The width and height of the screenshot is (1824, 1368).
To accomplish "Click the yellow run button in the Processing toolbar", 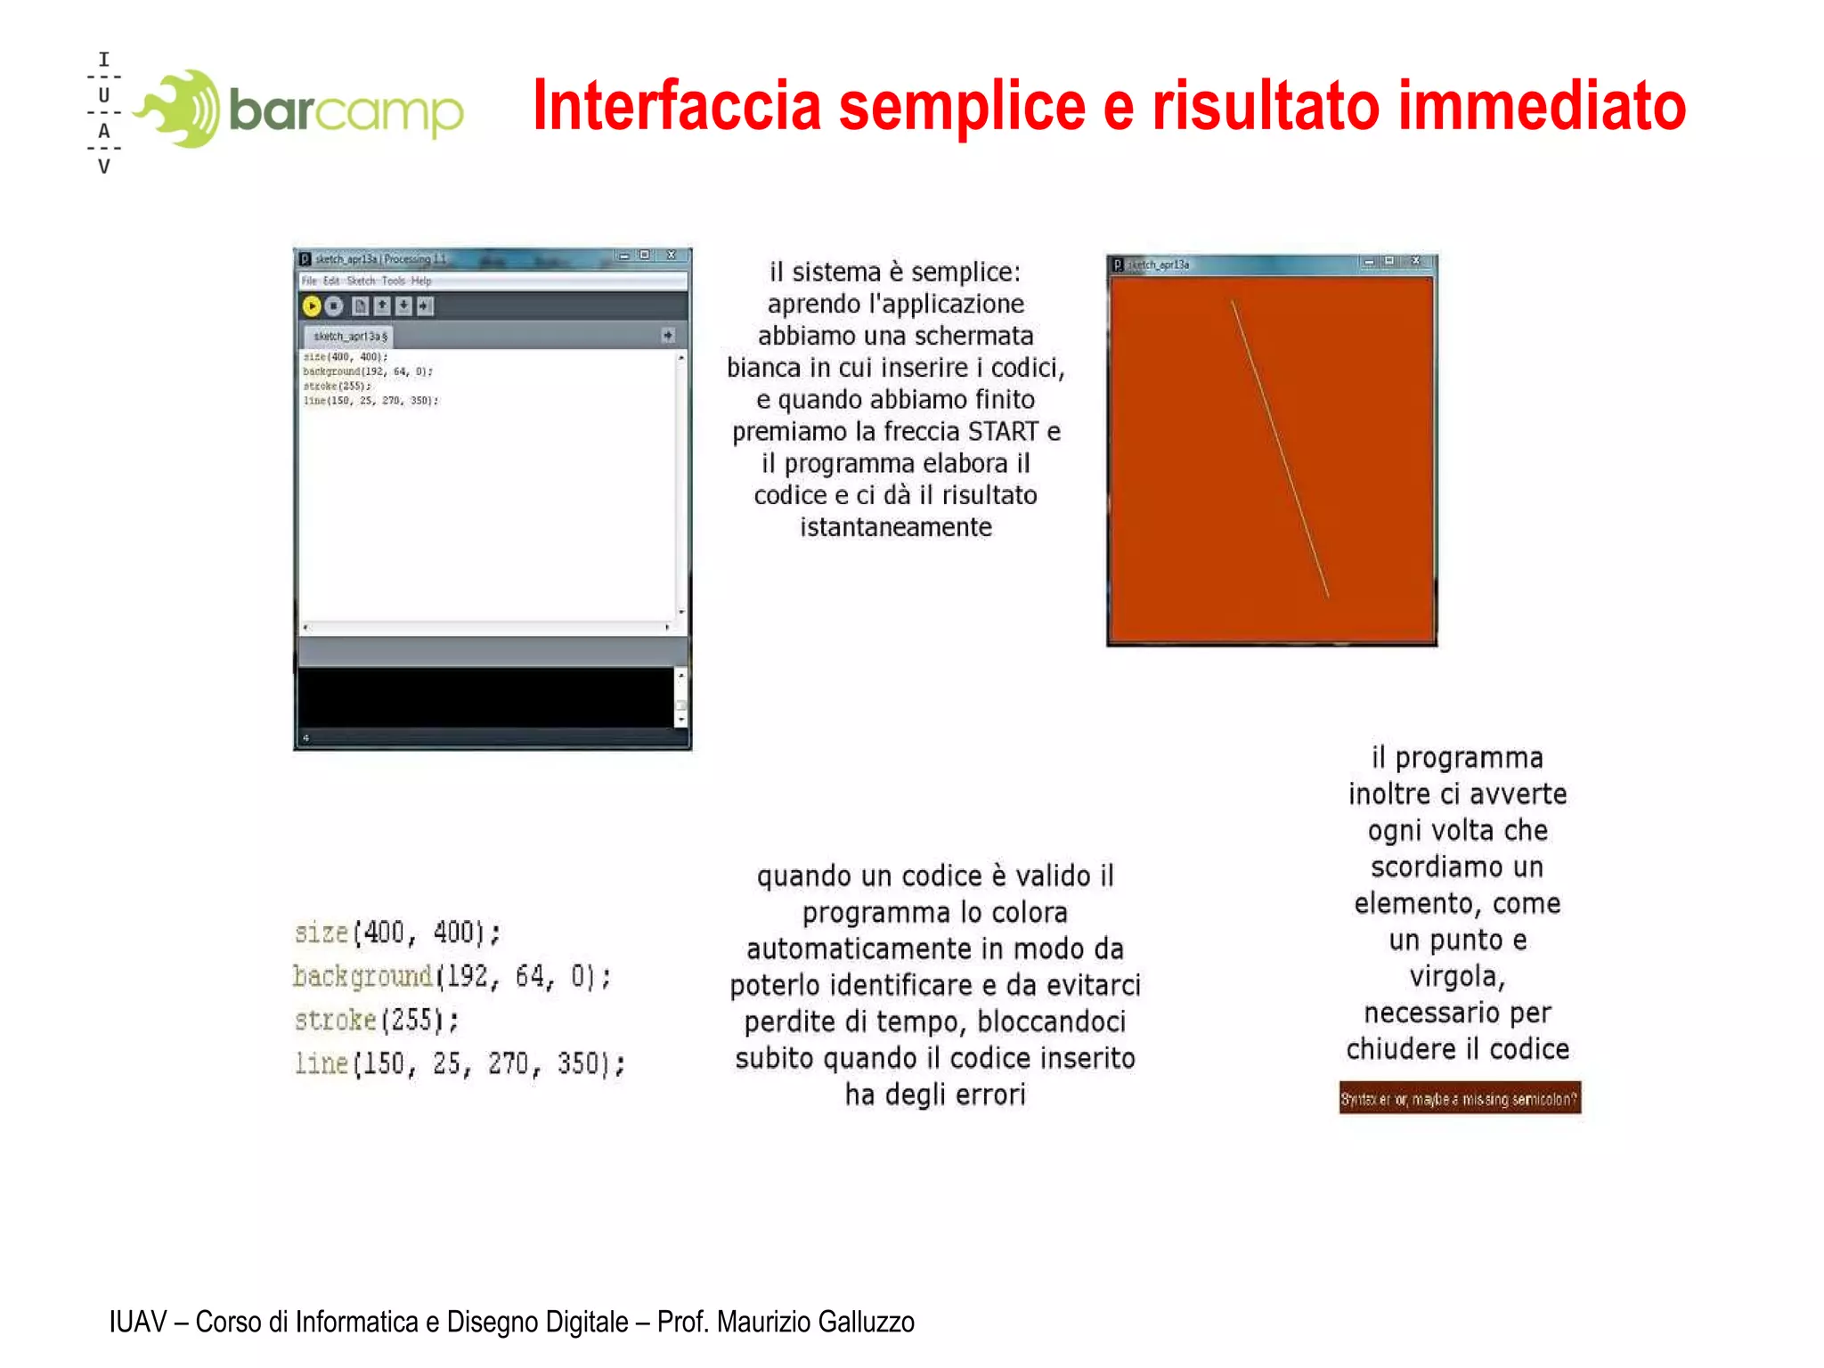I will tap(312, 306).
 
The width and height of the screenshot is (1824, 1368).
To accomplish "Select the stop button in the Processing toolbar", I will tap(334, 306).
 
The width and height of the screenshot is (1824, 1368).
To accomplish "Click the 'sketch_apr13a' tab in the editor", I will tap(349, 337).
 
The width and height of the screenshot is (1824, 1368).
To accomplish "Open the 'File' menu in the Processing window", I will tap(309, 281).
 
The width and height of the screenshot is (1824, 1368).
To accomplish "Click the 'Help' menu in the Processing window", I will tap(421, 281).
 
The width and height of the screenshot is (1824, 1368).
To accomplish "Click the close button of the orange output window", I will tap(1416, 262).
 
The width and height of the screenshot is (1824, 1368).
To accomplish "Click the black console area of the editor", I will tap(485, 697).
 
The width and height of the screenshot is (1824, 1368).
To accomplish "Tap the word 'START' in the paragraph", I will tap(1004, 432).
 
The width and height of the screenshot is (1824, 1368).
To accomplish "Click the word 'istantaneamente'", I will tap(895, 527).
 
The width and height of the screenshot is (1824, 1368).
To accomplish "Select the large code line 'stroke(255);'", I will tap(377, 1021).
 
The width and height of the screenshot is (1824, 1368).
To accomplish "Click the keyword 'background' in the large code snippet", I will tap(362, 977).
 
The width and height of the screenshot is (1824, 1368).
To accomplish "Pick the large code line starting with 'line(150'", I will tap(460, 1064).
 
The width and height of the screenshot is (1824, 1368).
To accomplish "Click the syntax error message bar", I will tap(1459, 1099).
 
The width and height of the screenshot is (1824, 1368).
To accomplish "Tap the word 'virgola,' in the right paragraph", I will tap(1457, 977).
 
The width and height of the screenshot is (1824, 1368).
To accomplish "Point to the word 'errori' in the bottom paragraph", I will tap(990, 1095).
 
